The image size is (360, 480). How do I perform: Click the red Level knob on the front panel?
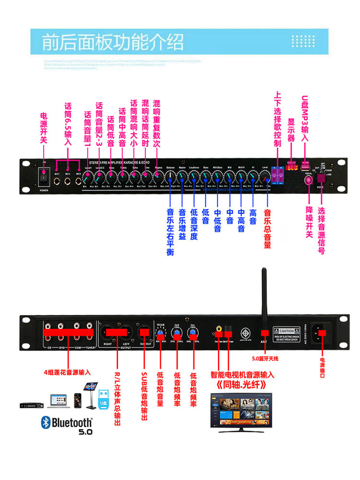[264, 178]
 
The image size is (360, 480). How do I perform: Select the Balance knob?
[170, 177]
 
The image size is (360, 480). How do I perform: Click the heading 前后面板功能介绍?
[113, 42]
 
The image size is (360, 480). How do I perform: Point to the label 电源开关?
[44, 127]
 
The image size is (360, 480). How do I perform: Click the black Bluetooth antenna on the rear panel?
[264, 298]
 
